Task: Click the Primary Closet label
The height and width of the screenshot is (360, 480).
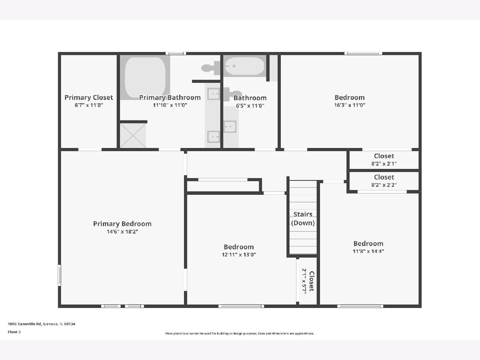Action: tap(88, 98)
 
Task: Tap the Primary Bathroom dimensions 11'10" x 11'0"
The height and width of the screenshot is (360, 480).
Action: tap(170, 105)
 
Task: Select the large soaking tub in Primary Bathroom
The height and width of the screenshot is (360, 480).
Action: tap(145, 77)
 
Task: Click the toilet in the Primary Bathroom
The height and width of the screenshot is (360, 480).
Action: tap(210, 68)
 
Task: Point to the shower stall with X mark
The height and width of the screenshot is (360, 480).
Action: tap(133, 136)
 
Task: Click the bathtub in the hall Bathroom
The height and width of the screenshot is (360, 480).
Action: tap(245, 66)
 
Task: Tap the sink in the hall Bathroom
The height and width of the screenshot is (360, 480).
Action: tap(230, 126)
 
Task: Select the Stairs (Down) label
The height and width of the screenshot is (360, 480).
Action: tap(303, 218)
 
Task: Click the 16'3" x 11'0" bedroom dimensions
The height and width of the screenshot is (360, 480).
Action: tap(350, 105)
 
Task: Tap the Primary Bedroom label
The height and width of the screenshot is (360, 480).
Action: tap(122, 224)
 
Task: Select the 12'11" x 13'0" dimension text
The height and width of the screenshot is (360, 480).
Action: tap(239, 255)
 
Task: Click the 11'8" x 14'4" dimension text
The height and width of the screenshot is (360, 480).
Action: tap(368, 251)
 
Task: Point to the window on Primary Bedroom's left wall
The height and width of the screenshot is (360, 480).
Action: tap(59, 275)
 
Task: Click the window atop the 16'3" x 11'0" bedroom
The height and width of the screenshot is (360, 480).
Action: tap(364, 53)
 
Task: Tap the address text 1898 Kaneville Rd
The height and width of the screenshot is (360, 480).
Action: tap(24, 324)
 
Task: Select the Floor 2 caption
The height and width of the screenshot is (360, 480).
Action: tap(14, 332)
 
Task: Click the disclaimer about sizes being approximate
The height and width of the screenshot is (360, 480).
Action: tap(240, 333)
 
